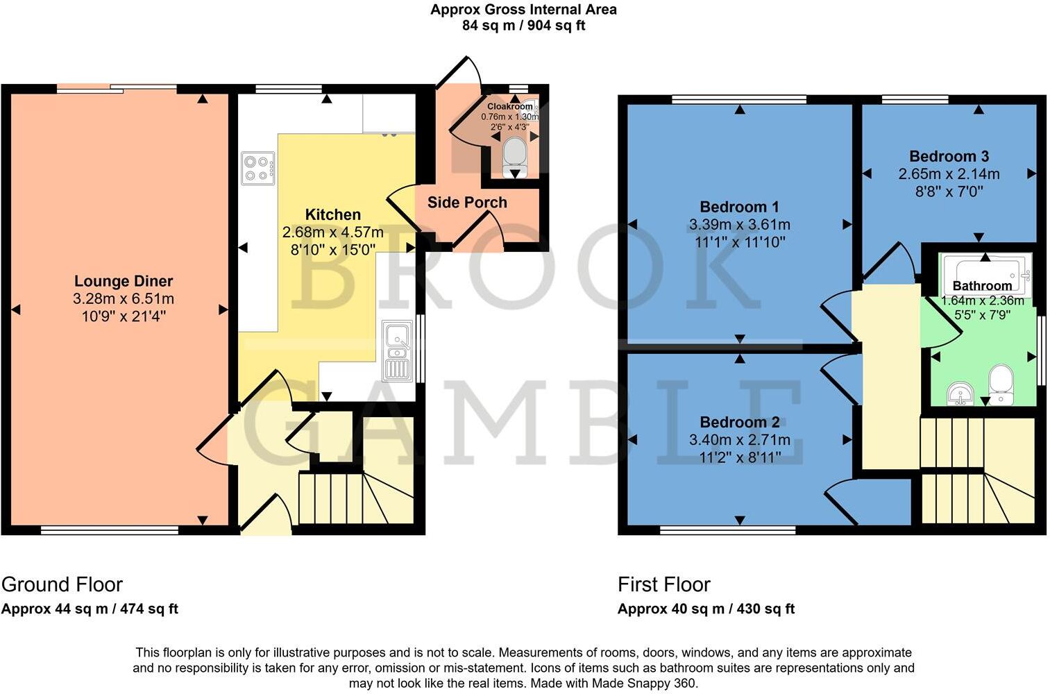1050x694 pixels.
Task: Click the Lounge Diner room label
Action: coord(124,281)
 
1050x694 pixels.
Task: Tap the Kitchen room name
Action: coord(332,214)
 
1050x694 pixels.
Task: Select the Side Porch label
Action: coord(467,203)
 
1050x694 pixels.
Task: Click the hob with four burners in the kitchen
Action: coord(257,169)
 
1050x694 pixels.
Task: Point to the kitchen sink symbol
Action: coord(398,350)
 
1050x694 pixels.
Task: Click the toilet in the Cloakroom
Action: coord(514,153)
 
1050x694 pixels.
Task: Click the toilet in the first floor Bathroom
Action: coord(1001,385)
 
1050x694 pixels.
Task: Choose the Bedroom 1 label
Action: coord(739,207)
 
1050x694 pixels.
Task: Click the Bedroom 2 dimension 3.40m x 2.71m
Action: coord(739,440)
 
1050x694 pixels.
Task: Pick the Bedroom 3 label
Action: coord(949,156)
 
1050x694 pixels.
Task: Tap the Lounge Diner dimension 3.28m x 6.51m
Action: coord(124,299)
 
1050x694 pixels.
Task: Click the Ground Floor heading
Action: coord(62,584)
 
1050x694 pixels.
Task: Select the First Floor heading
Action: coord(664,584)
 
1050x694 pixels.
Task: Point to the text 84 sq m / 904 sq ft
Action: coord(523,26)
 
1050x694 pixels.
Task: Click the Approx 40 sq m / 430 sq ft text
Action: coord(706,609)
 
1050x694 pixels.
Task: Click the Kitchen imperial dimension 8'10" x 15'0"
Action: coord(332,249)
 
